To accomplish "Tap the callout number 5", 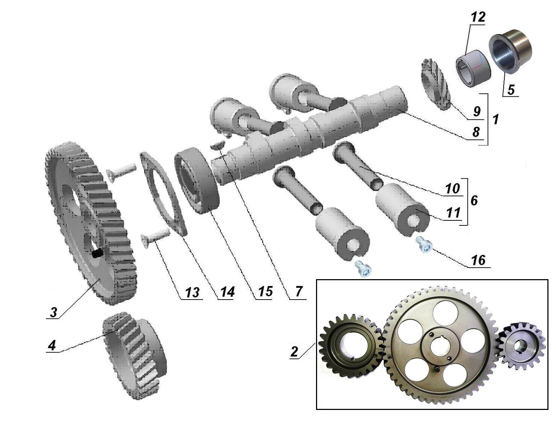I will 510,90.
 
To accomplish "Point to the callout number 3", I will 53,312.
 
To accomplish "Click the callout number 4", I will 52,345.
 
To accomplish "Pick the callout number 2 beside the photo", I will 294,352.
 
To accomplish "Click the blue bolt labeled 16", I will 423,245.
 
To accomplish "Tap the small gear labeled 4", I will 135,355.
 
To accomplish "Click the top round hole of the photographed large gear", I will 445,311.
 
